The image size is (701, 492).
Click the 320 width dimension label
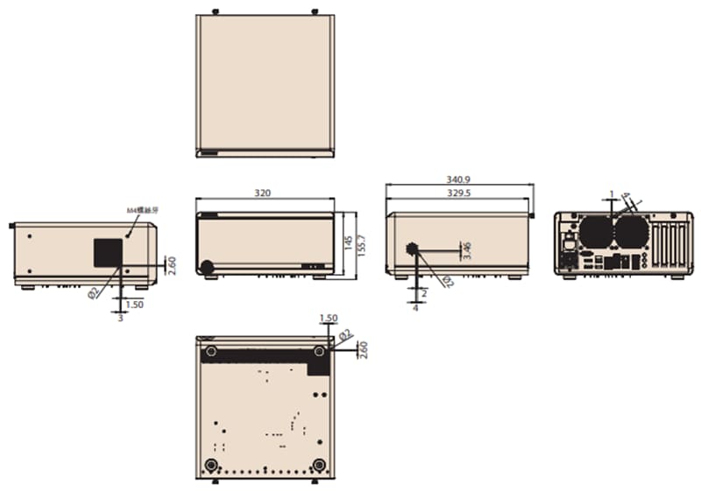(263, 193)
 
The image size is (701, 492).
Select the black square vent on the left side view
(109, 252)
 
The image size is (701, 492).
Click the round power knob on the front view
(208, 267)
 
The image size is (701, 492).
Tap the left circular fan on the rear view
(595, 232)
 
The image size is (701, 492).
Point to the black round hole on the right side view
(411, 249)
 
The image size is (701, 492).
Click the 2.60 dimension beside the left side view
(172, 264)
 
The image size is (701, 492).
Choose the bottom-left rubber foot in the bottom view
(210, 464)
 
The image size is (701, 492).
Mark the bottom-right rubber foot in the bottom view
(319, 464)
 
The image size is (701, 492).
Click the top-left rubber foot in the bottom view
(210, 352)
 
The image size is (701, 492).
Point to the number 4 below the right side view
(415, 308)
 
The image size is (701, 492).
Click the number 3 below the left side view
(120, 318)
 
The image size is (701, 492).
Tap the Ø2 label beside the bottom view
(344, 334)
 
